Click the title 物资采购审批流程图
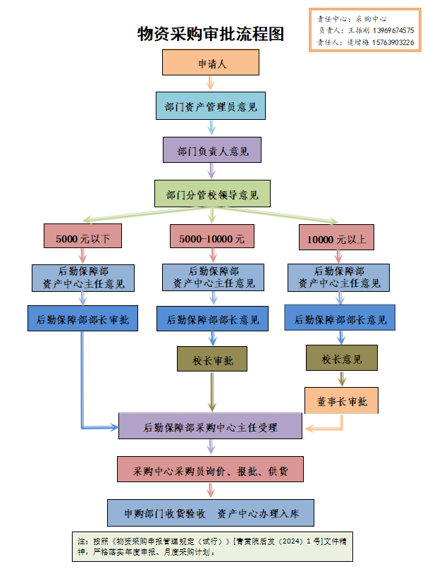[x=211, y=34]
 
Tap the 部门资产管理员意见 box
[x=211, y=107]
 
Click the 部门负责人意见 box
[x=211, y=151]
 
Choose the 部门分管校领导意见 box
[x=212, y=194]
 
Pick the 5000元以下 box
[x=82, y=238]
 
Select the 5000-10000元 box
[x=211, y=238]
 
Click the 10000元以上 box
[x=337, y=238]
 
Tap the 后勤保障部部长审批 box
[x=82, y=318]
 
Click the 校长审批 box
[x=212, y=360]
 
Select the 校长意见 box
[x=341, y=359]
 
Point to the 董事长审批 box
[x=341, y=400]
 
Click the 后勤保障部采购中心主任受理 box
[x=210, y=426]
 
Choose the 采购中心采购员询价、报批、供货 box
[x=210, y=469]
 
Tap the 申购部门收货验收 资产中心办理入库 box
[x=210, y=512]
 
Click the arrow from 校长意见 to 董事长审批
[x=342, y=379]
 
